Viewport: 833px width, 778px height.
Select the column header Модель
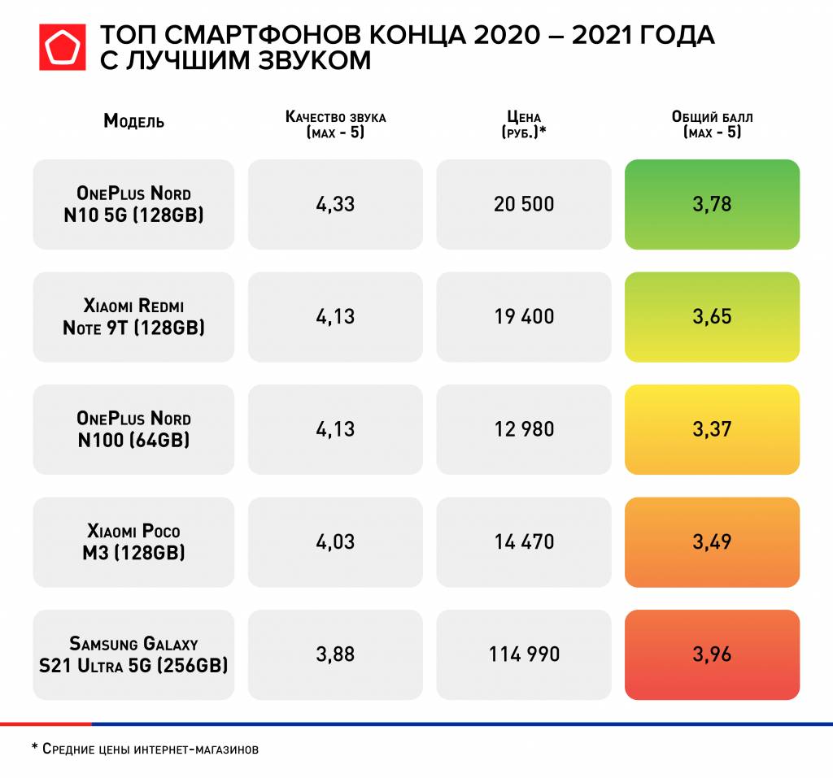coord(133,122)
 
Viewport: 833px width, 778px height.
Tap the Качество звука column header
coord(335,124)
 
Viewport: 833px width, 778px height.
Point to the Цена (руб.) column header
coord(523,124)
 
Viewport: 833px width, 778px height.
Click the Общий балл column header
coord(713,124)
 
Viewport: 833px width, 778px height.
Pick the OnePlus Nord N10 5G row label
coord(133,205)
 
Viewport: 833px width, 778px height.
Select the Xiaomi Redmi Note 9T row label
coord(133,317)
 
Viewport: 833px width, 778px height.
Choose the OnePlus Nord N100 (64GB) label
coord(133,429)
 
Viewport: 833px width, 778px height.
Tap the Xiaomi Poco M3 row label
coord(133,541)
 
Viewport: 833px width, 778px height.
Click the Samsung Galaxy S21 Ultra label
coord(133,654)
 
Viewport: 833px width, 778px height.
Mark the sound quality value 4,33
coord(335,204)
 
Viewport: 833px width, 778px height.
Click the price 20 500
coord(524,204)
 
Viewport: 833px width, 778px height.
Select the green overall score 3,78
coord(713,204)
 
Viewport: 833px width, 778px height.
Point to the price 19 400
coord(524,316)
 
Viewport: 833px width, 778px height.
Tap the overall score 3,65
coord(713,316)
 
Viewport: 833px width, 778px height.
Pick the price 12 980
coord(524,428)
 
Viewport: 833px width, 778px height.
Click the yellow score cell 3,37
coord(713,428)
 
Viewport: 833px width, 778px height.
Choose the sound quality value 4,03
coord(335,541)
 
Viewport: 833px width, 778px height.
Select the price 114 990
coord(524,654)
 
